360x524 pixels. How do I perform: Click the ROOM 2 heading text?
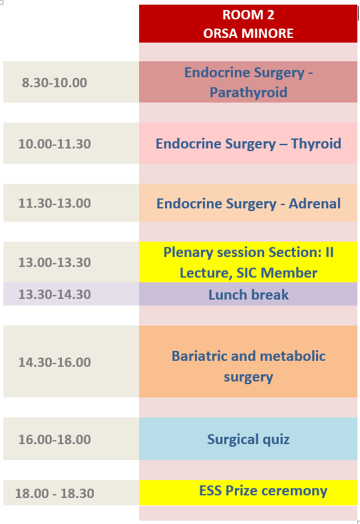tap(248, 15)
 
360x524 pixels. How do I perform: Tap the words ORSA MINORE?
tap(248, 33)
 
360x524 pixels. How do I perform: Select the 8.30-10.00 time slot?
tap(55, 83)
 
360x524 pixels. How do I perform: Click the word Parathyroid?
tap(248, 93)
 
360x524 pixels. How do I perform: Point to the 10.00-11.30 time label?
tap(55, 144)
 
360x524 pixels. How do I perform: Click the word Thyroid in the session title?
tap(316, 144)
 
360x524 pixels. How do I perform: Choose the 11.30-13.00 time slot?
tap(55, 203)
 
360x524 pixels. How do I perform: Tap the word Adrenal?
tap(315, 204)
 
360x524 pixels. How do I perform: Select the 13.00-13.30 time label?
tap(55, 262)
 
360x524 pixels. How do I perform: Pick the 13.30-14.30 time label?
tap(55, 294)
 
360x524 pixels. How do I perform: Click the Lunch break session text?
tap(248, 295)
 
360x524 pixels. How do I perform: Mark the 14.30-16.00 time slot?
tap(55, 362)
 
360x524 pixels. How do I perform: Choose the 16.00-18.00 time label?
tap(55, 439)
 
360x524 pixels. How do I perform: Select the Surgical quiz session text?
tap(248, 440)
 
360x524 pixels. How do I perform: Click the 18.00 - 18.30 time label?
tap(55, 493)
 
